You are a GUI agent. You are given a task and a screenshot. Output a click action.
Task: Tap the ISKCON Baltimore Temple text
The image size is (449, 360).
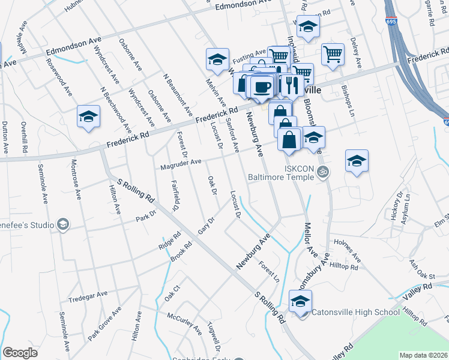point(292,173)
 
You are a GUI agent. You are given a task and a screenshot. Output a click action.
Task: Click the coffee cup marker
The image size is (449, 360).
point(262,87)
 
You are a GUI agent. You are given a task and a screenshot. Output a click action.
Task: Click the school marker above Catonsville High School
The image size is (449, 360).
point(300,301)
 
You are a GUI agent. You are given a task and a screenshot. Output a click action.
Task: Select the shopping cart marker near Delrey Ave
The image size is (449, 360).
point(333,55)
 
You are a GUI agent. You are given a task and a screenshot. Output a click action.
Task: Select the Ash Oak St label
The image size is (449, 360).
point(421,269)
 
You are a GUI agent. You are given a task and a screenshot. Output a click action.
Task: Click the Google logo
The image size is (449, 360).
point(20,353)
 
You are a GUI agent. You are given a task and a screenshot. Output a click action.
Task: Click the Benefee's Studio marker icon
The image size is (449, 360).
point(62,224)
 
